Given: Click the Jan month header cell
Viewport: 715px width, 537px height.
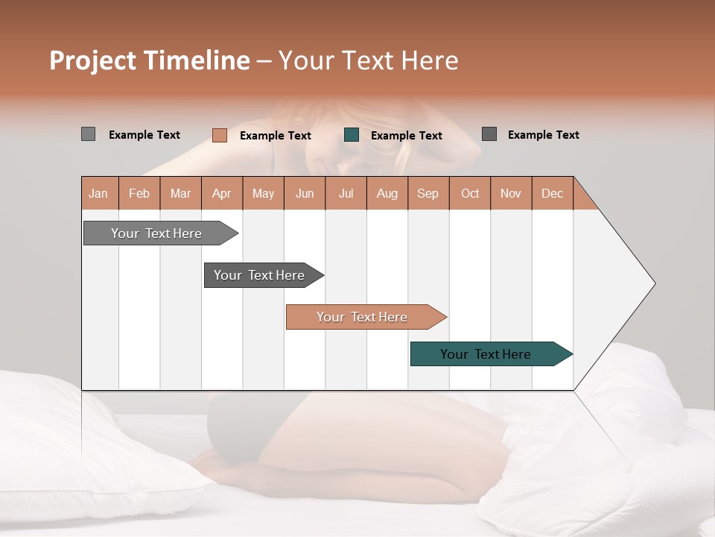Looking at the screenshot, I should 99,193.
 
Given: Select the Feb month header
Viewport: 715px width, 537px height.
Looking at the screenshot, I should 139,193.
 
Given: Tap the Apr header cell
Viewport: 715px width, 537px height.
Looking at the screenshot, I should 222,193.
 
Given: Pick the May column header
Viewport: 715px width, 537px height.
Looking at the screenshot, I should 263,193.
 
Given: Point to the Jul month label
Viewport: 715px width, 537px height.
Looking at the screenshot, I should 346,193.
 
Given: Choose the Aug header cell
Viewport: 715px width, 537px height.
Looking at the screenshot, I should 387,193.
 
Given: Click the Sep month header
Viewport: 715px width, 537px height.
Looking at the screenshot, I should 428,193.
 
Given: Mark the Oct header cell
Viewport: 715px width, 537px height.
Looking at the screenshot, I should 470,193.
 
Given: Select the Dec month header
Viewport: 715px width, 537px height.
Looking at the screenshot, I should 553,193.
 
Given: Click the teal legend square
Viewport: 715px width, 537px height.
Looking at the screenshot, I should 352,135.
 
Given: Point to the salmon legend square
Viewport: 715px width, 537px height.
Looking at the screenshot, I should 220,135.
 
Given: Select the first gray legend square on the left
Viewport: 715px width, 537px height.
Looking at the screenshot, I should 89,134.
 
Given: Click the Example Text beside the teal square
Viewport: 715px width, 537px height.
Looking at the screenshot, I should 406,136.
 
